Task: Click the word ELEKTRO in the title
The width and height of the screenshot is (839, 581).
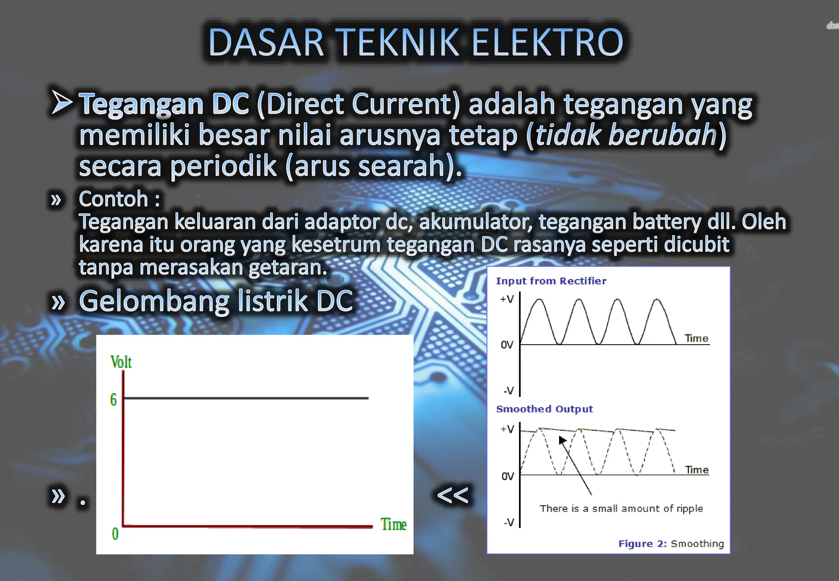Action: coord(547,43)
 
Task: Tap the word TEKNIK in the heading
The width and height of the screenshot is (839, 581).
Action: coord(399,43)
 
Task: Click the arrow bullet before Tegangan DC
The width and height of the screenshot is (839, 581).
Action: coord(62,102)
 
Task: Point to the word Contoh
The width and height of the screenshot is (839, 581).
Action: coord(113,199)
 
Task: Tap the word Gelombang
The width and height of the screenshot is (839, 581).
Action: coord(154,301)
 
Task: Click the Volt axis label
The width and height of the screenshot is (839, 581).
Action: coord(121,362)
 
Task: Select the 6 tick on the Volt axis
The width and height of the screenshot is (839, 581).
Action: coord(113,399)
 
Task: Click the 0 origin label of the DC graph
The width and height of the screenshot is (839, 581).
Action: coord(115,533)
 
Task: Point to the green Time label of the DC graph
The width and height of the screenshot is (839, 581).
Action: coord(393,524)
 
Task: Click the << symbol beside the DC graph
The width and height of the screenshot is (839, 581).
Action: coord(453,495)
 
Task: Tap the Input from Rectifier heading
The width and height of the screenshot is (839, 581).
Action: coord(551,281)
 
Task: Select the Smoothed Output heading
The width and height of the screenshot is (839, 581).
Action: coord(544,409)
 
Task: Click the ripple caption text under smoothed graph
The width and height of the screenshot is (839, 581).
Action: coord(621,508)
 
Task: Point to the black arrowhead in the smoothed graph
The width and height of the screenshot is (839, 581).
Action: coord(562,440)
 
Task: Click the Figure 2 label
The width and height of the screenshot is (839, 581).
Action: coord(642,544)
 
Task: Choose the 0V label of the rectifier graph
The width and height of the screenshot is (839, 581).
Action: coord(507,345)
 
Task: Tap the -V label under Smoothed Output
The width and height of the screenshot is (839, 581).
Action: coord(509,522)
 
